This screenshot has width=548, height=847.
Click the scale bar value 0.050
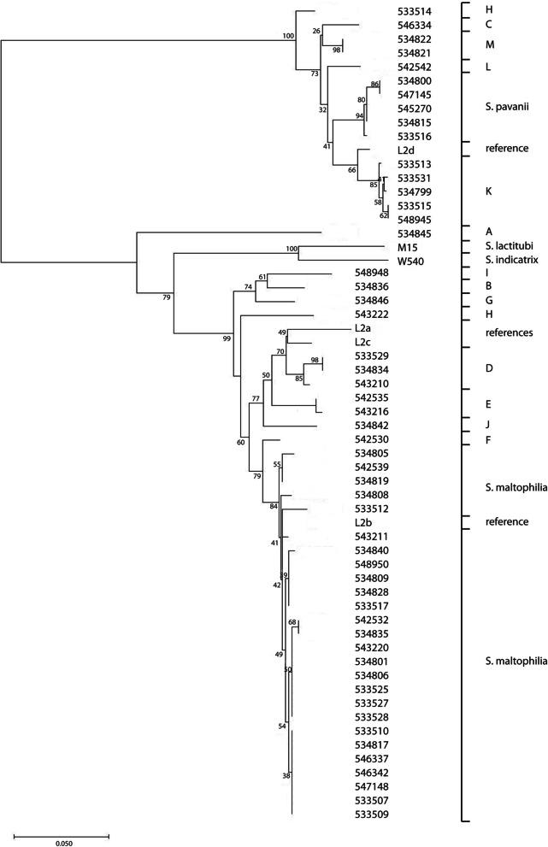click(62, 843)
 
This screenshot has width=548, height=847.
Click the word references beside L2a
click(510, 332)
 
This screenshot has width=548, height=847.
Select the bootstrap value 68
click(292, 621)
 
